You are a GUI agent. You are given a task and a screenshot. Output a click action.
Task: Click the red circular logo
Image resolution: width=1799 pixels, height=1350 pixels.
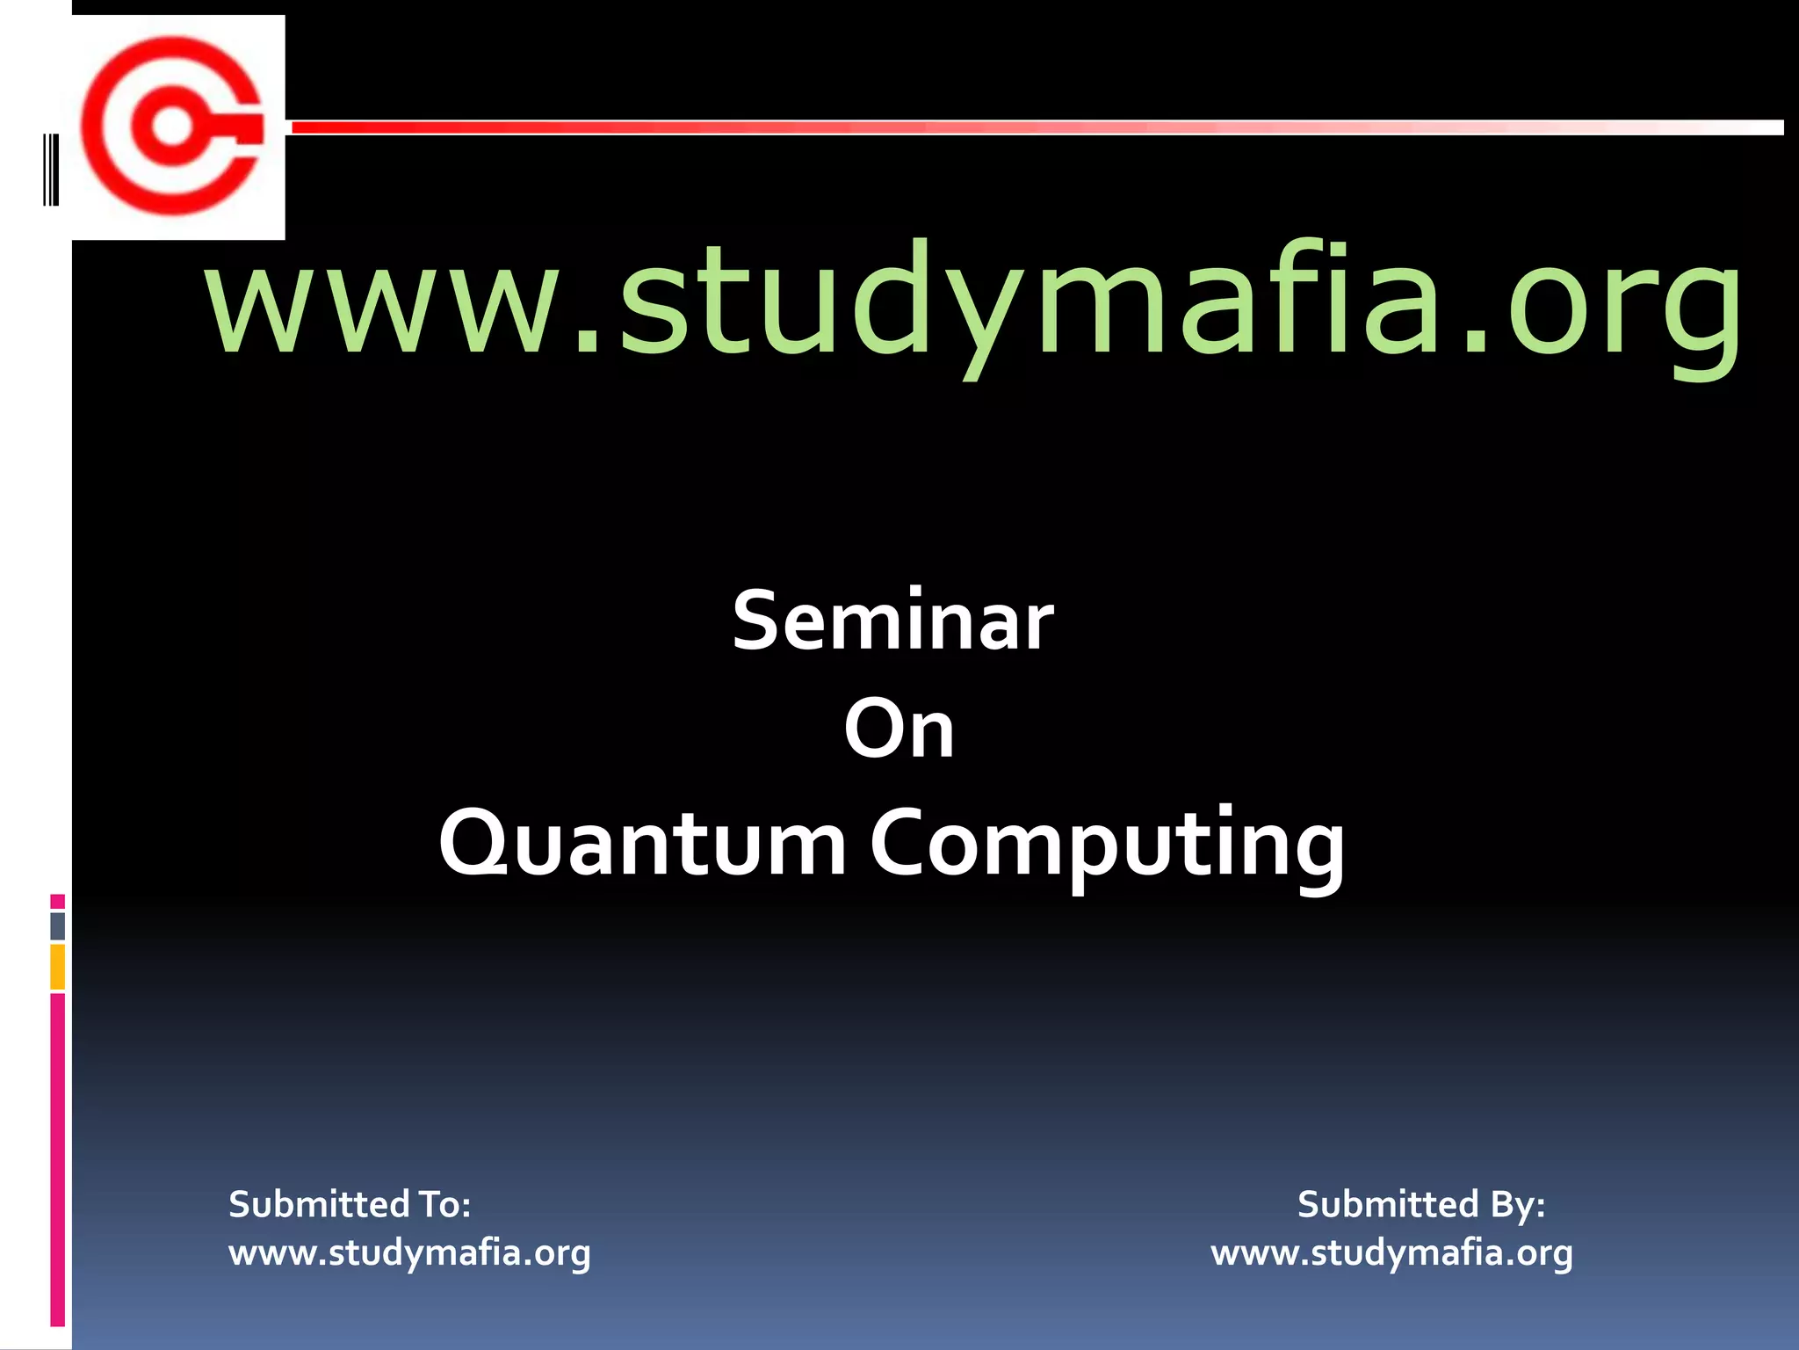[x=173, y=126]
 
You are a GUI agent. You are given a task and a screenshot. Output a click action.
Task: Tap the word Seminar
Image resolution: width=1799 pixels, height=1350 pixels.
[x=892, y=621]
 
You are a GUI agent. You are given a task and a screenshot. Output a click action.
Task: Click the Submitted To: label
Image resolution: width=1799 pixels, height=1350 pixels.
[x=350, y=1204]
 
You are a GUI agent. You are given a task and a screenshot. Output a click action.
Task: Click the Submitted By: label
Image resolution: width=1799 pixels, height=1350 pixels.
[x=1420, y=1204]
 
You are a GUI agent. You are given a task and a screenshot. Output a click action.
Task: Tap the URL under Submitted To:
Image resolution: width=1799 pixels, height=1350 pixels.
[x=409, y=1253]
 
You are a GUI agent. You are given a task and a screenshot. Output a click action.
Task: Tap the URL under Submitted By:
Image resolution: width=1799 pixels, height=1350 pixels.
[x=1391, y=1253]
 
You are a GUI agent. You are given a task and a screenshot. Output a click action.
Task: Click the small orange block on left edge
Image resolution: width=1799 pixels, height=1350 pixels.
[x=57, y=966]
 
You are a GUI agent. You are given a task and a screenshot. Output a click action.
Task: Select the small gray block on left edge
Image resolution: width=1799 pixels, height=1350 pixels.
[x=57, y=926]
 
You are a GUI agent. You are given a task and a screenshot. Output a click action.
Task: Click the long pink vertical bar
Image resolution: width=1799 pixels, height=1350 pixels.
[x=57, y=1160]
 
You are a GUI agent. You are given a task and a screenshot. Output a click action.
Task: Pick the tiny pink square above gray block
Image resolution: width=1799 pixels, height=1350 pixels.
[x=57, y=901]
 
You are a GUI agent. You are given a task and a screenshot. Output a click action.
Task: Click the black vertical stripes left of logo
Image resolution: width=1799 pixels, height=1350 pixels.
[x=51, y=169]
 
